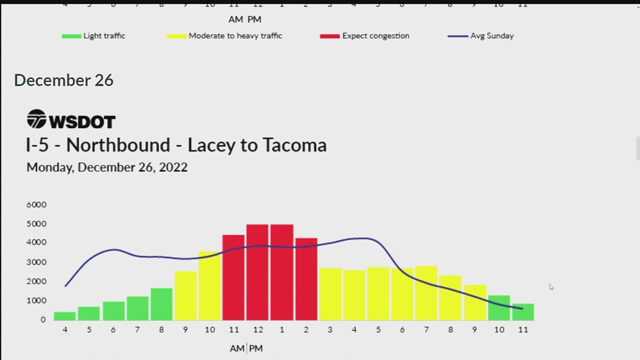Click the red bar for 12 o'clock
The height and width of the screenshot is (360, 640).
tap(258, 272)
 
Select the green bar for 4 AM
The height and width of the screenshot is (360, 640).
tap(65, 316)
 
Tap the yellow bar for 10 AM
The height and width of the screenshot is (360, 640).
tap(209, 286)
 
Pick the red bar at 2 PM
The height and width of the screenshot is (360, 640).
tap(306, 279)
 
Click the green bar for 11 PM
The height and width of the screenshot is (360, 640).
tap(523, 312)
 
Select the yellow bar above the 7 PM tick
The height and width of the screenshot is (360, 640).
tap(427, 293)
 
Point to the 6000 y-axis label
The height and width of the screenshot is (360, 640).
tap(36, 204)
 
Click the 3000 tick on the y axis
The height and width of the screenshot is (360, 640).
tap(36, 262)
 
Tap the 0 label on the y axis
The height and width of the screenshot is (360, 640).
tap(43, 320)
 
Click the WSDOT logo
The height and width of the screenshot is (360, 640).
tap(71, 120)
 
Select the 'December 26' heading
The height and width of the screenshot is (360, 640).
tap(63, 80)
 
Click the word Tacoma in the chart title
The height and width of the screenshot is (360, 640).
tap(292, 145)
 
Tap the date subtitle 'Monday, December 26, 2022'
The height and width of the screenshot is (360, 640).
tap(107, 167)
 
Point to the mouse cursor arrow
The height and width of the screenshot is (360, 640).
tap(551, 287)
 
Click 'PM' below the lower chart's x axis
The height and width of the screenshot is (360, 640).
tap(256, 349)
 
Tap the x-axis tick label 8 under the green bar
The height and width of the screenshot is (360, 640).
tap(162, 330)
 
